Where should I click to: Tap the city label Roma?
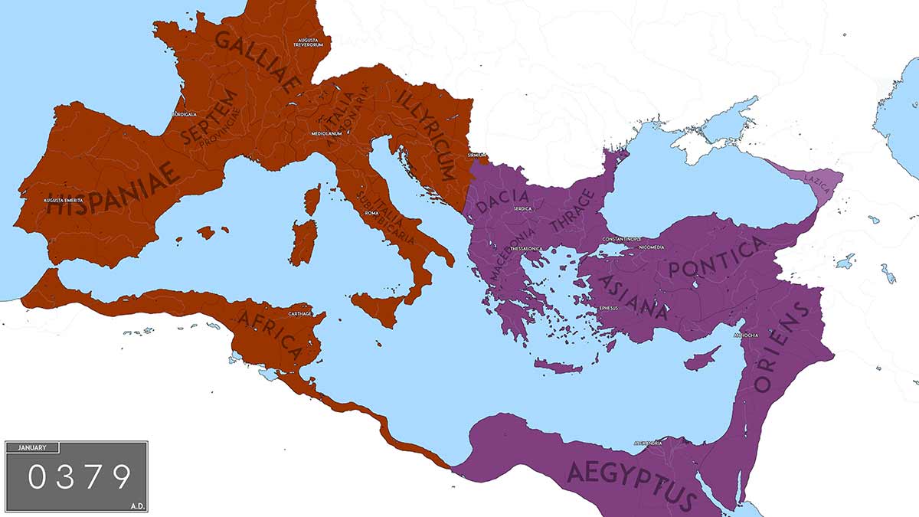372,213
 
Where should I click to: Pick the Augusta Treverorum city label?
305,41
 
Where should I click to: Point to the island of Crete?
558,366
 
